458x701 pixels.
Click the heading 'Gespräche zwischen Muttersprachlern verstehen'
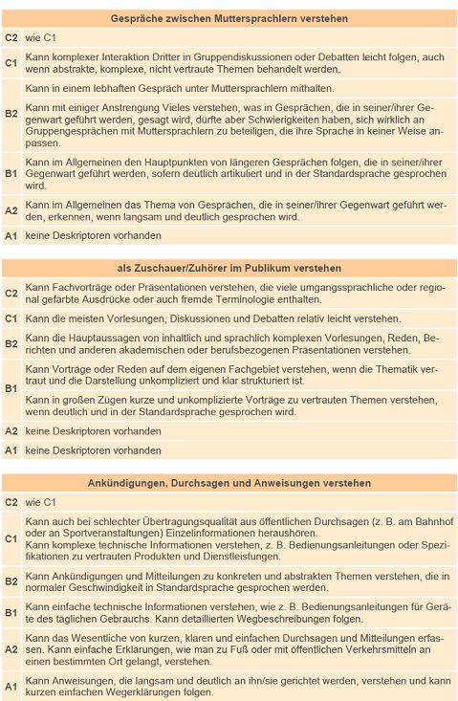[229, 18]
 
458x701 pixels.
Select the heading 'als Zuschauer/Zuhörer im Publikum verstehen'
[229, 269]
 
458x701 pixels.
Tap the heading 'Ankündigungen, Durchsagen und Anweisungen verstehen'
[229, 483]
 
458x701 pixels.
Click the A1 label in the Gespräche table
[11, 235]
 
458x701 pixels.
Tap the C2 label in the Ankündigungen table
[11, 501]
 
